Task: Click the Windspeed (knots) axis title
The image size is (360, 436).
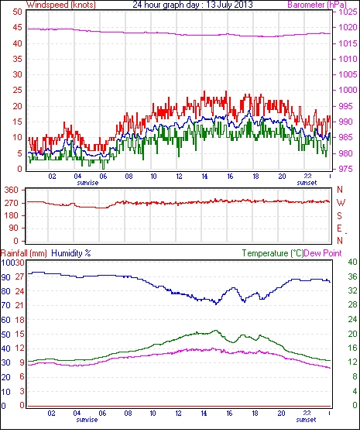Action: point(61,5)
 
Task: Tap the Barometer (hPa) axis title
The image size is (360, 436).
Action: point(317,5)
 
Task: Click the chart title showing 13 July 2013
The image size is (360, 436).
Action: point(193,5)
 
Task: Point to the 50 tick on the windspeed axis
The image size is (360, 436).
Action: point(17,12)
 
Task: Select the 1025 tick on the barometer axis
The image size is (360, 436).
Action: point(348,12)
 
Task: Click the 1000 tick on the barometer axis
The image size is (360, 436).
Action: point(348,90)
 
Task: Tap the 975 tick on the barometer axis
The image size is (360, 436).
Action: point(345,169)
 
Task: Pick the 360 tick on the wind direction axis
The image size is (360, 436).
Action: point(12,191)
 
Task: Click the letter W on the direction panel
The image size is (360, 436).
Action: point(341,203)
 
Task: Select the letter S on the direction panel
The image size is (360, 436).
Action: point(339,215)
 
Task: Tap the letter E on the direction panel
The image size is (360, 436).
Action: point(339,228)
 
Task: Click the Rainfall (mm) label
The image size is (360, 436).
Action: point(24,253)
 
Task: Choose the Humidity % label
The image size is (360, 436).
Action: point(71,253)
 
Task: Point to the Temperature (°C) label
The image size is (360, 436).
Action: point(273,253)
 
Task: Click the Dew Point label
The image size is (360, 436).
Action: point(323,253)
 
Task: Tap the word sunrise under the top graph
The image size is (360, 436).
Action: point(87,183)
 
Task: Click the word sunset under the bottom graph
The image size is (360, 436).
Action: point(306,419)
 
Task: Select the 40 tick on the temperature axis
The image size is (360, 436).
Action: point(352,263)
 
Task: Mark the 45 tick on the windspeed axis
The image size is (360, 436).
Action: point(17,28)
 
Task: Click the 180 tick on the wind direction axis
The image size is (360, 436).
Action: point(12,215)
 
